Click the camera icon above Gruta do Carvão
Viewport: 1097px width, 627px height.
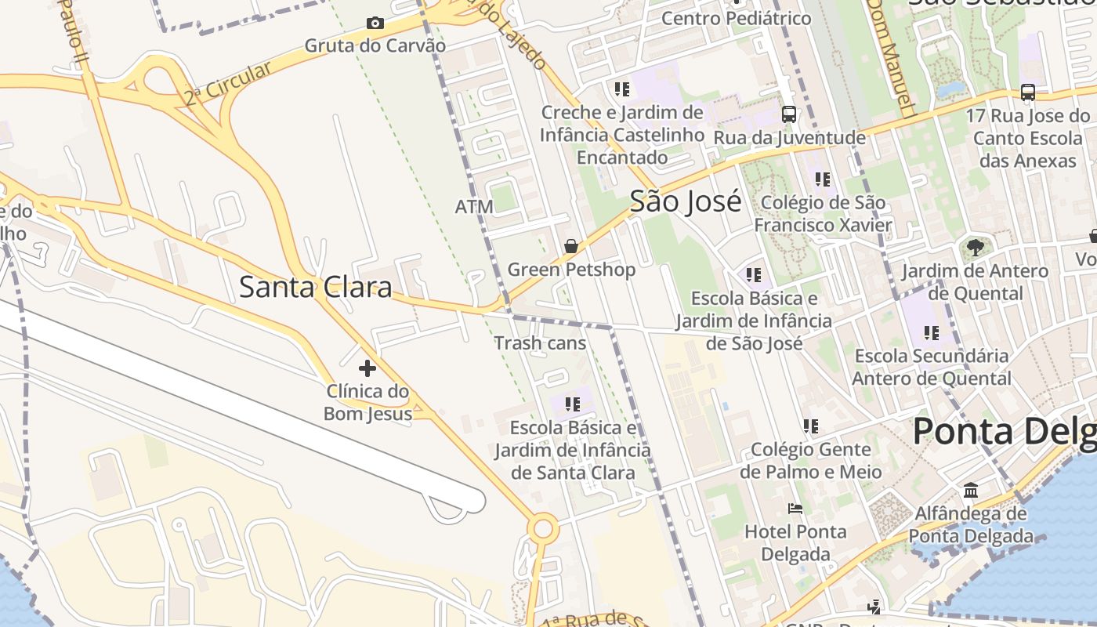pos(375,24)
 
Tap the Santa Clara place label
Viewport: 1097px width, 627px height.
pos(315,287)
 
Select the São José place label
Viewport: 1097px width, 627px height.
pos(686,202)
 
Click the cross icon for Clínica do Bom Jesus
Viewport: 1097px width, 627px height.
pos(367,368)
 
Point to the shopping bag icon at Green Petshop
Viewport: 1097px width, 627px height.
pos(571,246)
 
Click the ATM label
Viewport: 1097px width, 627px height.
pos(474,207)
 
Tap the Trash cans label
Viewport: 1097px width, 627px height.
pos(540,342)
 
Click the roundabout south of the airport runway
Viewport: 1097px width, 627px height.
pos(542,529)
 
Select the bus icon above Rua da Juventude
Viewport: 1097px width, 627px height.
pos(789,114)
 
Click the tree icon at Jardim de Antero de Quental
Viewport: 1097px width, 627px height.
pos(975,248)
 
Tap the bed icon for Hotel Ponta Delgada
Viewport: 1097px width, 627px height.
pos(795,508)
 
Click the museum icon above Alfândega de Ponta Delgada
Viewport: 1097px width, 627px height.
pos(971,491)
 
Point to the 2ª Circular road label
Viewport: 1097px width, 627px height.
pos(228,83)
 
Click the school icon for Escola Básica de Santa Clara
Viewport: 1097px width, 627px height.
pos(573,404)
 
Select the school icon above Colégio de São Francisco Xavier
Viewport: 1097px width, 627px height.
pos(822,179)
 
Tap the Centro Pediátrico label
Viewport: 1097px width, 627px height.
pos(737,17)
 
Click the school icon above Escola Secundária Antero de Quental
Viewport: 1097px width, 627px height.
pos(931,332)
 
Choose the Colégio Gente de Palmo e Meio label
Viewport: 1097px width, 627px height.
pos(811,460)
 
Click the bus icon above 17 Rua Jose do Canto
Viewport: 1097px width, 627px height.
pos(1028,92)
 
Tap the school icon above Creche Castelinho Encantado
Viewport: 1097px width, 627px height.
pos(622,89)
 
